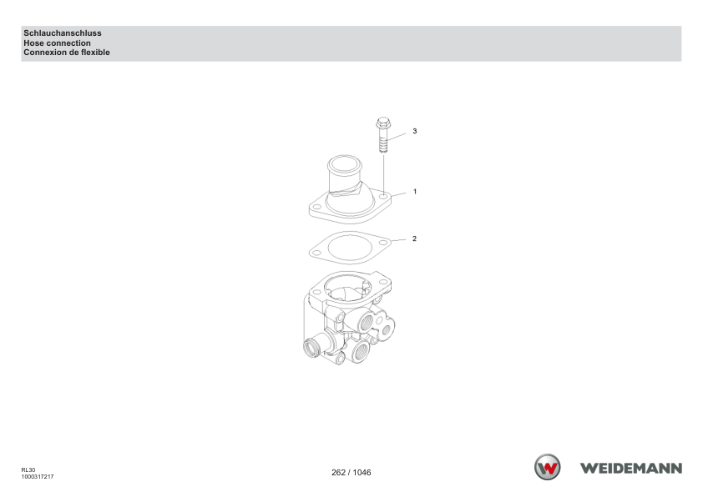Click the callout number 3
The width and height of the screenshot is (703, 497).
click(x=415, y=131)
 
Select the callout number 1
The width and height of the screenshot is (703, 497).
click(x=415, y=192)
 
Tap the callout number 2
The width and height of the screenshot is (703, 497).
click(x=414, y=238)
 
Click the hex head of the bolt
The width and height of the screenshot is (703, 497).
click(x=383, y=123)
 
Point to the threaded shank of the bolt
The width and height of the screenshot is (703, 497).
click(x=383, y=142)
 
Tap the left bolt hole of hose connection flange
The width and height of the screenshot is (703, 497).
click(x=317, y=207)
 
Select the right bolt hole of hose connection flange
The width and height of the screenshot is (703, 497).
click(x=383, y=196)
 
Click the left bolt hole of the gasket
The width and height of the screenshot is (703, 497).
click(x=317, y=253)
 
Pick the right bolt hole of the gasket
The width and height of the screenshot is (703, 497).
click(x=383, y=242)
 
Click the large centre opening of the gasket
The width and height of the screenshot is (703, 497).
click(x=350, y=248)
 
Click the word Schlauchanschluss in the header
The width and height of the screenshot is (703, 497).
click(x=63, y=33)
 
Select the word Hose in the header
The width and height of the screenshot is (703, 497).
click(x=33, y=43)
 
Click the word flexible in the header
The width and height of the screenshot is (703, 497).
click(x=95, y=53)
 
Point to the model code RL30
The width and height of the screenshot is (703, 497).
click(x=28, y=470)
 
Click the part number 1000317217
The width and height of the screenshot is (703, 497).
click(x=38, y=477)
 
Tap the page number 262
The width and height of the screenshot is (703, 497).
click(x=338, y=472)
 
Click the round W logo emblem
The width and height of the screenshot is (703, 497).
click(x=548, y=467)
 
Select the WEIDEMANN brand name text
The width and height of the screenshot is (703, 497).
click(x=631, y=469)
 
